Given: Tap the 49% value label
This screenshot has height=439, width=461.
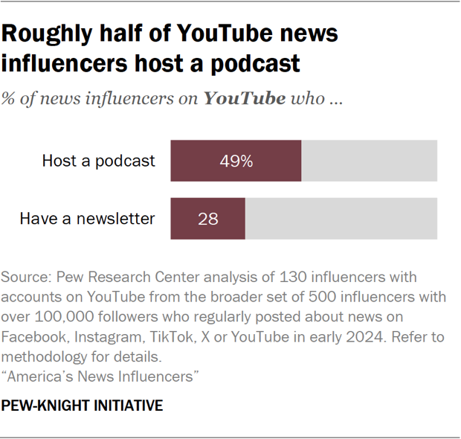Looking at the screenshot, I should [236, 161].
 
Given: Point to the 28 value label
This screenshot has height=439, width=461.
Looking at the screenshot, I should [207, 219].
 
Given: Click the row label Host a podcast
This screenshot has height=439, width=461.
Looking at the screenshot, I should [99, 161].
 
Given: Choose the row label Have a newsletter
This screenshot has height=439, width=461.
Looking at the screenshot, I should [87, 219].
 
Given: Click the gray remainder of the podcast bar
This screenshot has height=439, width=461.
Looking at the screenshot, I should [369, 161].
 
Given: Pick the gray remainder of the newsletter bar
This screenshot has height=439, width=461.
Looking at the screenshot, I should [341, 219].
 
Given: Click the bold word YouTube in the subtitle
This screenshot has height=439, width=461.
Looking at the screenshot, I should [245, 99].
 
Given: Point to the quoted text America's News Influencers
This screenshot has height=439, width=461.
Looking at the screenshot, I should [100, 376].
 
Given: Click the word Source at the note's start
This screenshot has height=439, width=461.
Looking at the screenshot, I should [25, 277].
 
